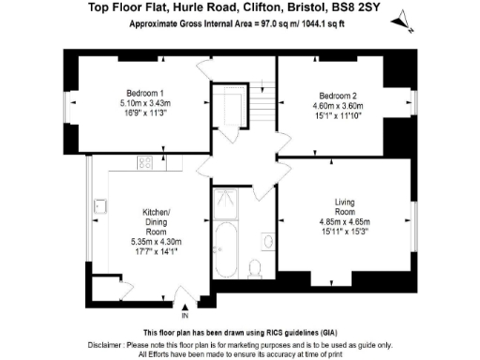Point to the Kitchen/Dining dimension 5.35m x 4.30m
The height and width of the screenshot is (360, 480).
point(156,241)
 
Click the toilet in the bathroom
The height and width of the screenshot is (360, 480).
point(256,269)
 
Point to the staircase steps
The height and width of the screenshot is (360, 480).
point(263,109)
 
